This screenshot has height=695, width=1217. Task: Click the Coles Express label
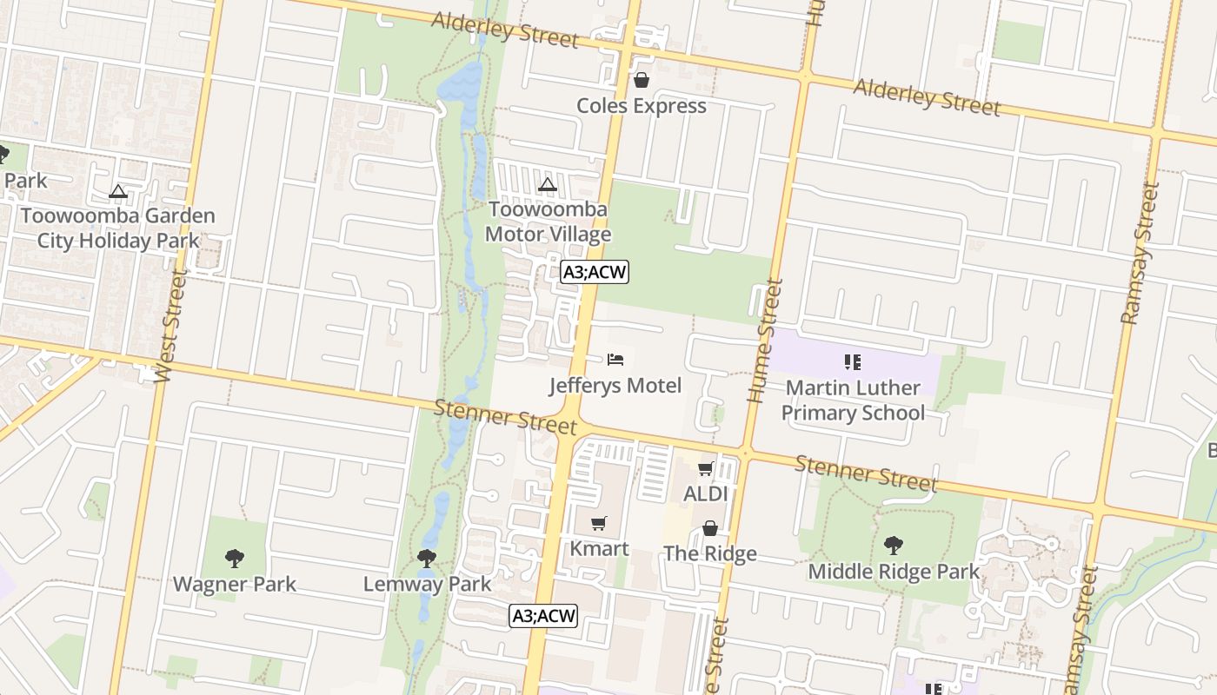[642, 106]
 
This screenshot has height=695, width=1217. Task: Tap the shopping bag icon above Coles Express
[642, 80]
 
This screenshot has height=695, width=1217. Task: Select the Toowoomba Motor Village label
[548, 222]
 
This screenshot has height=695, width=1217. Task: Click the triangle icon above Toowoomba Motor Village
[547, 184]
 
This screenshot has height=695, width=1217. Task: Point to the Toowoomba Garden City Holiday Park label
[117, 228]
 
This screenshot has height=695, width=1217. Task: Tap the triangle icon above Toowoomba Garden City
[118, 191]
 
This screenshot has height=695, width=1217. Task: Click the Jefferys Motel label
[615, 385]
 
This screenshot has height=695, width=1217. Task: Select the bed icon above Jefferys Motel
[615, 359]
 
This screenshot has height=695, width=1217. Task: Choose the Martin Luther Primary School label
[853, 400]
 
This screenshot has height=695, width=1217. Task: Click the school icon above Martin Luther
[852, 361]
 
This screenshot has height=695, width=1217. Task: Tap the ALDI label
[705, 493]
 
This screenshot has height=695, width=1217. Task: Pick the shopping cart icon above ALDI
[705, 469]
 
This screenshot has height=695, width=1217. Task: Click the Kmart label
[599, 548]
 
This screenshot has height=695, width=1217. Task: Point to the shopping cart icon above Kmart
[599, 523]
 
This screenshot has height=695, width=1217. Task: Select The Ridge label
[710, 553]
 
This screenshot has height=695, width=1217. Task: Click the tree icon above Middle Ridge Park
[893, 546]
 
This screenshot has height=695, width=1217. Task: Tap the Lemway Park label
[427, 584]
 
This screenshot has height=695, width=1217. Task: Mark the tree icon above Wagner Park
[234, 558]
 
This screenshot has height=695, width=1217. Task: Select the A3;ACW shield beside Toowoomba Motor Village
[594, 272]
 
